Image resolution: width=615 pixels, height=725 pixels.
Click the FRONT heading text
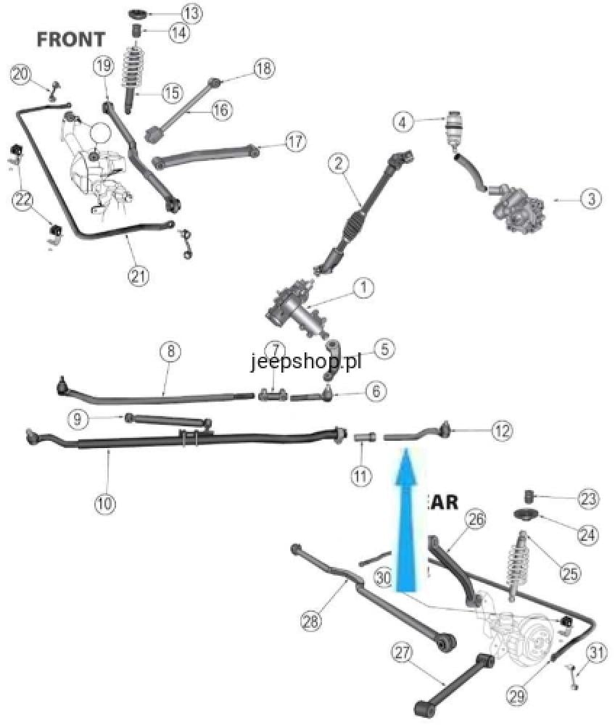(71, 38)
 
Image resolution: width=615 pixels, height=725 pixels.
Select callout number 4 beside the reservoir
(404, 122)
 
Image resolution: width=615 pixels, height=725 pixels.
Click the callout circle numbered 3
(591, 198)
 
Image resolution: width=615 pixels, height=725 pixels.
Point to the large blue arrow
(407, 522)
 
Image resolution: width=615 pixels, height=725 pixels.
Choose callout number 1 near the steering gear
(363, 288)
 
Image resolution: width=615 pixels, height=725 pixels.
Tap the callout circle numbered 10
(105, 503)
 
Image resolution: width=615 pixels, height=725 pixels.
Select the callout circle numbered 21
(138, 275)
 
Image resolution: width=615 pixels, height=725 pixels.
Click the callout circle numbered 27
(403, 652)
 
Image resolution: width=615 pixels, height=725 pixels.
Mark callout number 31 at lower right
(595, 653)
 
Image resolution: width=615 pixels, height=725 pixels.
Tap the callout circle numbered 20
(22, 74)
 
